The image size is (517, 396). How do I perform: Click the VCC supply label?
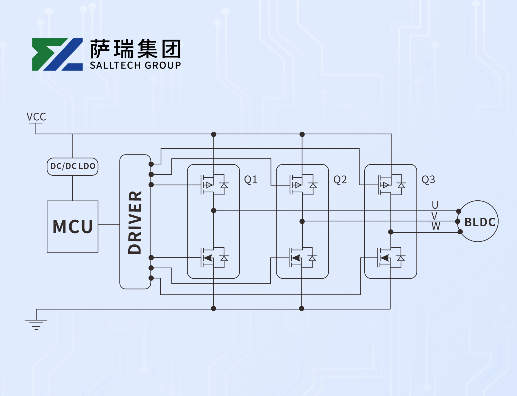(36, 117)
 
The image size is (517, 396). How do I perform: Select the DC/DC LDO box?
(73, 166)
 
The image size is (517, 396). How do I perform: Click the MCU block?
(73, 227)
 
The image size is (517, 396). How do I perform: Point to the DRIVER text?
(135, 222)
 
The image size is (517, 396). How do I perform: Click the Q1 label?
(251, 180)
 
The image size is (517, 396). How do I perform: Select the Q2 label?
(340, 180)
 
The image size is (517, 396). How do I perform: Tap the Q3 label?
(428, 180)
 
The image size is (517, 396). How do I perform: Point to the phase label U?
(435, 205)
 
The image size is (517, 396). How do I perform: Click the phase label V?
(434, 216)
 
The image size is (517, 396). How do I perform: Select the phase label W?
(436, 226)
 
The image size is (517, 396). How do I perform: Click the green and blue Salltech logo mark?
(57, 54)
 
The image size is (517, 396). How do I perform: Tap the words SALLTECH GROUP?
(135, 65)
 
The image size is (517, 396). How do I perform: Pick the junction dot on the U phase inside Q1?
(214, 211)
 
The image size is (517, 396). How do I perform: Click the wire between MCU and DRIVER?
(109, 224)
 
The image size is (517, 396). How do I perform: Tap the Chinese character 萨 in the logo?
(100, 49)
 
